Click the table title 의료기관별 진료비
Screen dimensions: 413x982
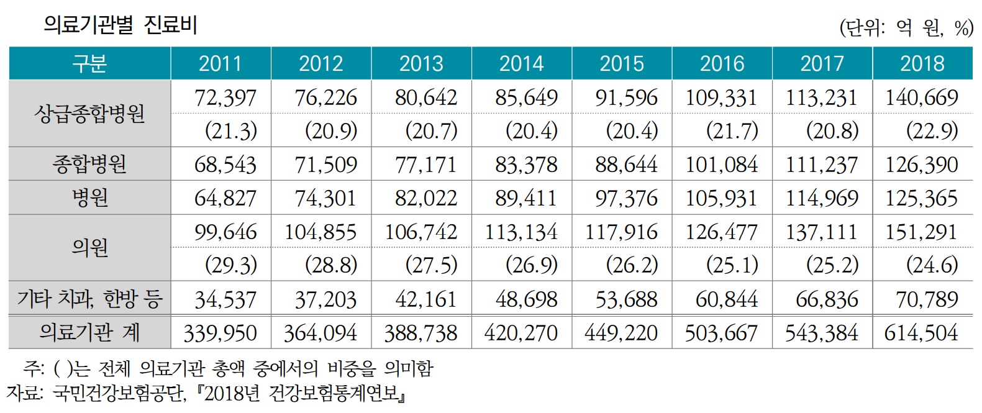pos(120,25)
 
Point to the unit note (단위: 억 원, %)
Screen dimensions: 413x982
pos(906,27)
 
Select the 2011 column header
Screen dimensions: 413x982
pos(220,63)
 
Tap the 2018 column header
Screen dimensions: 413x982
pos(922,63)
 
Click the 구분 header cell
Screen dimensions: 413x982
pos(89,63)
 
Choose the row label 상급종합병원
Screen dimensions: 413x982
pos(89,114)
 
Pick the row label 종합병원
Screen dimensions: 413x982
pos(89,164)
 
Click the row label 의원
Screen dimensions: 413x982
pos(89,248)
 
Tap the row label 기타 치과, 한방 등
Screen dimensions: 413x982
pos(89,299)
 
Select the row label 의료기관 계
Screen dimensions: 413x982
pos(89,332)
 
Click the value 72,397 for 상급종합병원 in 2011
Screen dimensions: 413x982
pos(225,98)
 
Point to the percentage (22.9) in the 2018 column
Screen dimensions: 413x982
pos(932,130)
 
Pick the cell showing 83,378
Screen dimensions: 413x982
pos(526,165)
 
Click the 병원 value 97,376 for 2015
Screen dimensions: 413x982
pos(626,198)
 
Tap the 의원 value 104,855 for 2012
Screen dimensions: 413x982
pos(321,232)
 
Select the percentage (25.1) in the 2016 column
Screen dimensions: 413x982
pos(732,265)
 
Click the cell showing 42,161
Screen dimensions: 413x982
pos(425,299)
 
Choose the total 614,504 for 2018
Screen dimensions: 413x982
pos(921,333)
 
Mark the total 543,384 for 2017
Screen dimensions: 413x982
pos(821,333)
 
